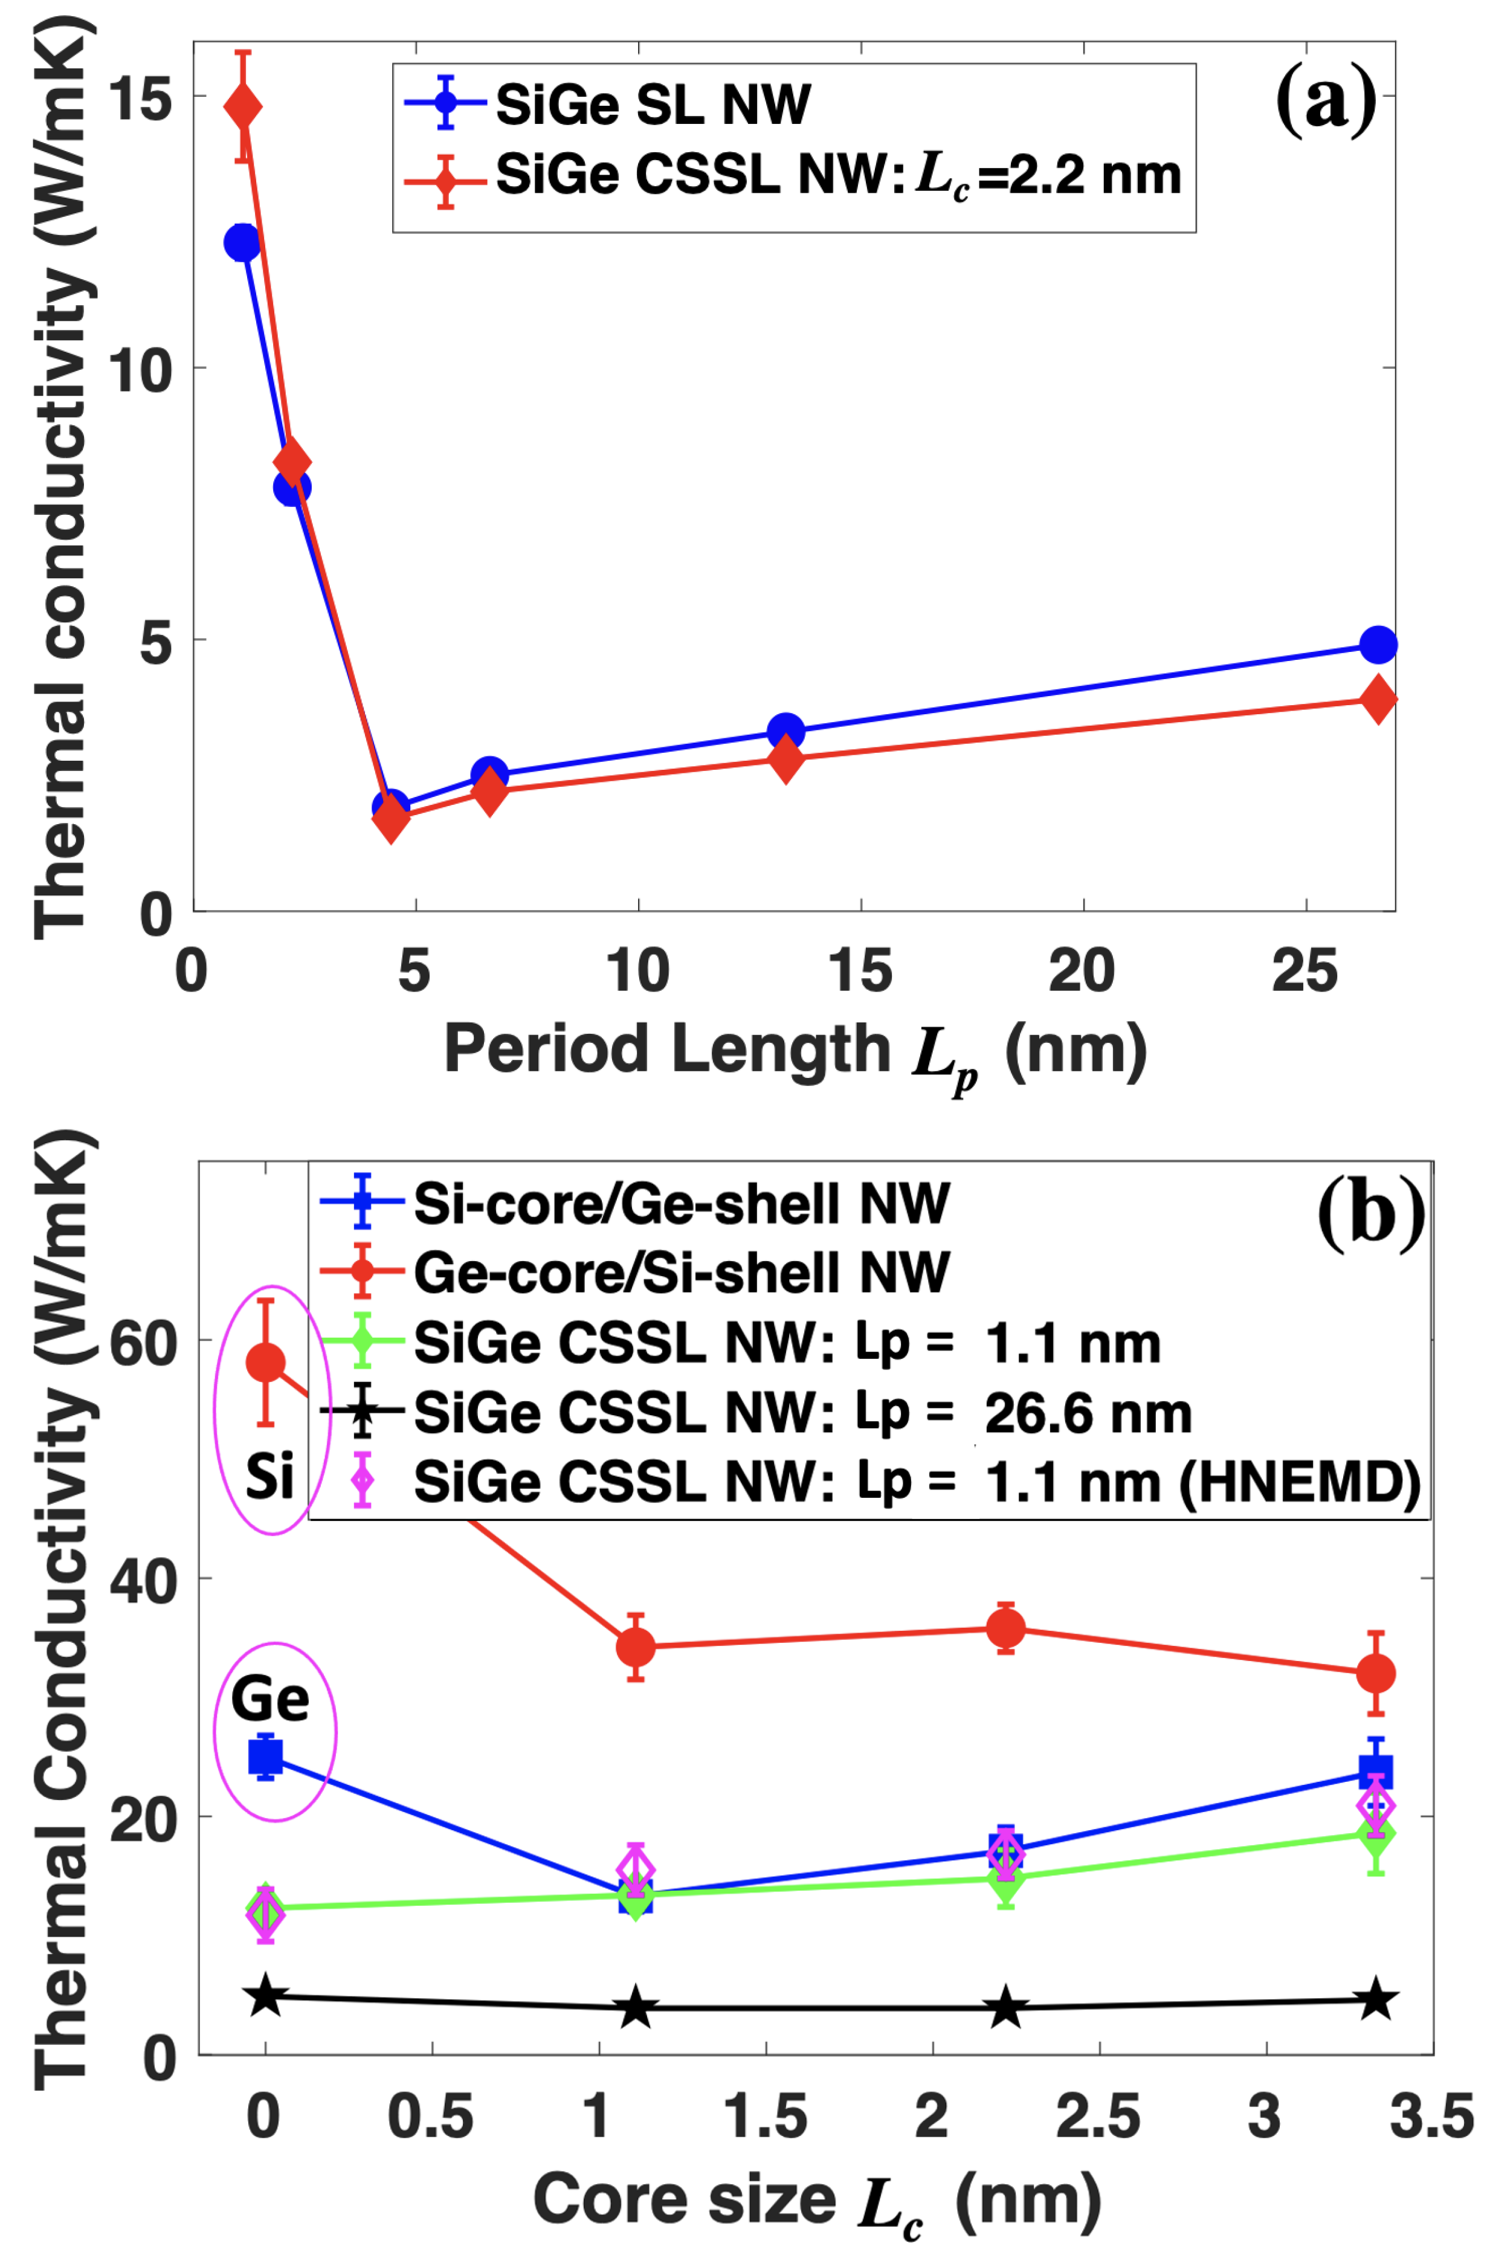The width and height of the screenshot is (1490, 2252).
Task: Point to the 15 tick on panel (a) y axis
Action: pyautogui.click(x=143, y=97)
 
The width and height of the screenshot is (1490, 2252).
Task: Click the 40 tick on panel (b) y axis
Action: pyautogui.click(x=143, y=1581)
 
